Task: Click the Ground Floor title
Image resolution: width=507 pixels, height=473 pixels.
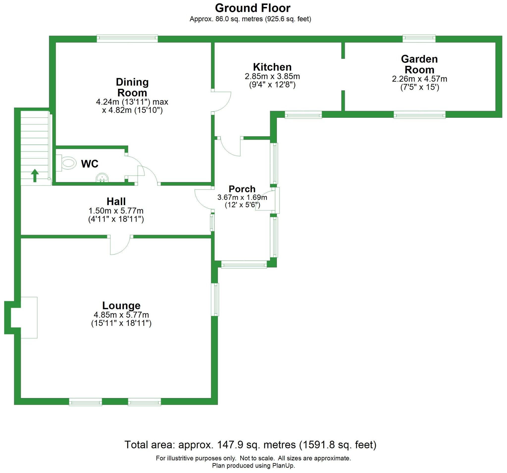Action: (253, 8)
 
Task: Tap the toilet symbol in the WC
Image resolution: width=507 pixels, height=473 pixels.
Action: (68, 163)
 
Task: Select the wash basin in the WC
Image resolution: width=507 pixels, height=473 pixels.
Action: (102, 178)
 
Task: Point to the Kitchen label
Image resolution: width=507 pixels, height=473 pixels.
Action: (272, 67)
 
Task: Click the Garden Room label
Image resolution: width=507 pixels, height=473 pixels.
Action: (419, 64)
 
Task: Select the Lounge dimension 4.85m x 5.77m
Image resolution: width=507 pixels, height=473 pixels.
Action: (121, 315)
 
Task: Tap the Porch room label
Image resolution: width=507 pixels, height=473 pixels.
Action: (242, 189)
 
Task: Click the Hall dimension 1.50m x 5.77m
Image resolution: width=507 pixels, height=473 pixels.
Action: (116, 211)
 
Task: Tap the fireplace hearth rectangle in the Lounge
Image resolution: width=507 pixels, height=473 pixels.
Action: (29, 318)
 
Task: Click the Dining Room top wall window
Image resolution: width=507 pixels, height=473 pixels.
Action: (127, 39)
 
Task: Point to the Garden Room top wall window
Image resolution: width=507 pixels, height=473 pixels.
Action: (419, 39)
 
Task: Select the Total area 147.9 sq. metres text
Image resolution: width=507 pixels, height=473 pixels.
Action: (250, 445)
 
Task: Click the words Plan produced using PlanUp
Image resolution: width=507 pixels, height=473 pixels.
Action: (253, 466)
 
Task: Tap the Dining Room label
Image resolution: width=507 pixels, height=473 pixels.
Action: (132, 87)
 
